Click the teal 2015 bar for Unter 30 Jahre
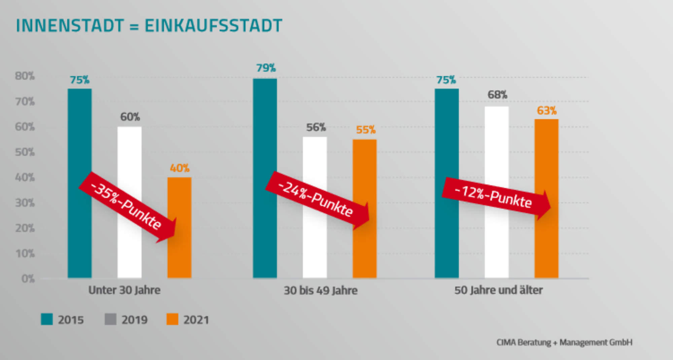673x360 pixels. point(79,135)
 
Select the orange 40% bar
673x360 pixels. point(179,256)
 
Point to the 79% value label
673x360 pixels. point(266,68)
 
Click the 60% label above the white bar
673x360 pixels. point(130,117)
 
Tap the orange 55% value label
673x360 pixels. point(366,130)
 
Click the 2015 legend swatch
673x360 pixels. point(47,319)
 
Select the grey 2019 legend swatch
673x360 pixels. point(110,319)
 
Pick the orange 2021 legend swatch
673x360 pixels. point(172,319)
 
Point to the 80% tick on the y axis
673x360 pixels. point(25,76)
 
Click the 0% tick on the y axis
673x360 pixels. point(28,279)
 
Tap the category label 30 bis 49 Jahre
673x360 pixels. point(320,290)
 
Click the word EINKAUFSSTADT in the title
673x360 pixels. point(213,26)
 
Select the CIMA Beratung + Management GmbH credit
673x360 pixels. point(564,343)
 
